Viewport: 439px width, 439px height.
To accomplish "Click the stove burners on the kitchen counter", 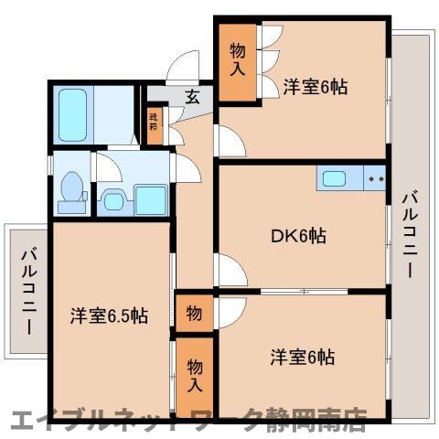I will (x=373, y=178).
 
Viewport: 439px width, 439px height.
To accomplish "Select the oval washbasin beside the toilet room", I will (x=112, y=198).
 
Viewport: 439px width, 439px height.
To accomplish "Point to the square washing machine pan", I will (x=150, y=198).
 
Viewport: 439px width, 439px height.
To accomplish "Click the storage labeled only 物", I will (x=194, y=313).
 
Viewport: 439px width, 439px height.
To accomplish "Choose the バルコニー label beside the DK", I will (x=409, y=233).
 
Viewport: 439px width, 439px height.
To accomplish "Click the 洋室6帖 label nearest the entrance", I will (x=314, y=87).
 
